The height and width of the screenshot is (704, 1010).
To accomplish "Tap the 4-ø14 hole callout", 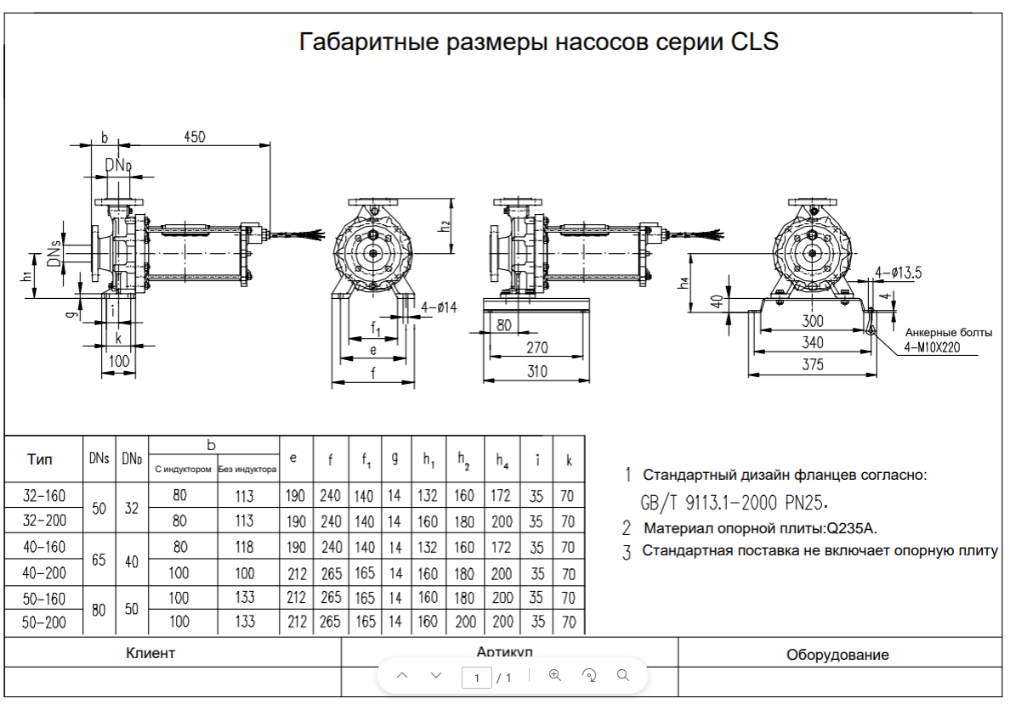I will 439,307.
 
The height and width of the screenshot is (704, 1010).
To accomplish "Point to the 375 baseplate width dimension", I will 813,364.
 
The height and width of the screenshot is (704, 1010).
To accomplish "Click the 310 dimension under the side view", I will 536,371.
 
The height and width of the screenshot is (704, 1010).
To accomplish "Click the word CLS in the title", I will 754,42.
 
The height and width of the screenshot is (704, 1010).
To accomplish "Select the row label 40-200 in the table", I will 45,573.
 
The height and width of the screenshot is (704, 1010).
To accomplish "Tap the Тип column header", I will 40,459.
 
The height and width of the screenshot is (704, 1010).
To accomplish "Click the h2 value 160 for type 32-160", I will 465,496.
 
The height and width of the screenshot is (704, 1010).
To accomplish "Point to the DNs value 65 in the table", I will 99,560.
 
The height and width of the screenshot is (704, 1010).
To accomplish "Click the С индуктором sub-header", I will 183,469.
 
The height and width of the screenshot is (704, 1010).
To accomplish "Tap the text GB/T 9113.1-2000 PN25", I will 734,501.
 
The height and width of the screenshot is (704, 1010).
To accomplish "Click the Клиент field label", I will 150,653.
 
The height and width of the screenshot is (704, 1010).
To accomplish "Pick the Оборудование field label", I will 837,654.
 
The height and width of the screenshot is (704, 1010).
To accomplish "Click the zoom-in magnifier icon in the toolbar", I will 555,675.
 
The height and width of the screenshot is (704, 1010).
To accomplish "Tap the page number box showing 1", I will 477,677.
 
